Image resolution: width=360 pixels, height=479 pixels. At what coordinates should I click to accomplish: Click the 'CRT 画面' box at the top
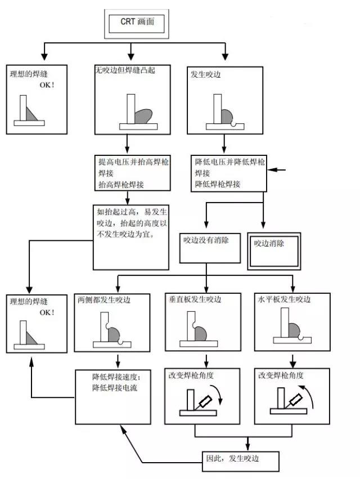tap(137, 24)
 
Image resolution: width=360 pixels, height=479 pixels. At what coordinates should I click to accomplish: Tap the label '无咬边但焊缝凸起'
tap(125, 70)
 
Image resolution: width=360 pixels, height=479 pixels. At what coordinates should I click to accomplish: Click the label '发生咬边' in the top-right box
tap(205, 74)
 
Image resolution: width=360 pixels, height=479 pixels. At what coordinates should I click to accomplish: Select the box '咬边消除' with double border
tap(274, 251)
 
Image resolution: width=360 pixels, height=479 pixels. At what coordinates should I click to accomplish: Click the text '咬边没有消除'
tap(206, 240)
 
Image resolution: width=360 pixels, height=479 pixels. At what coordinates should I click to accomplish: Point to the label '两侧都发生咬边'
tap(104, 299)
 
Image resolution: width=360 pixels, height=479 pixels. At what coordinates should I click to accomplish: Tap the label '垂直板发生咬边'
tap(195, 299)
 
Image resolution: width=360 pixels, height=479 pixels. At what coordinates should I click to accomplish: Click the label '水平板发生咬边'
tap(284, 299)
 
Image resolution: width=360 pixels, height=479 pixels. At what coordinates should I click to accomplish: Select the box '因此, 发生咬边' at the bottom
tap(241, 462)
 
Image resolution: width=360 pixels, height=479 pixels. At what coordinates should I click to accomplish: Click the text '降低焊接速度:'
tap(116, 377)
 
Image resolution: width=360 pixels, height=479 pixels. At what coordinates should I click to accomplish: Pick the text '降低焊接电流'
tap(115, 388)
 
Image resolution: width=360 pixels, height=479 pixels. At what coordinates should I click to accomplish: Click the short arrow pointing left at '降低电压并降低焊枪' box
tap(277, 169)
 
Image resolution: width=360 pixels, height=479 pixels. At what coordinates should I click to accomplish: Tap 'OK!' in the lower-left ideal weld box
tap(47, 312)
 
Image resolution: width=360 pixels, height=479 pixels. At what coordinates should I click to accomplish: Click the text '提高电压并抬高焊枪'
tap(133, 162)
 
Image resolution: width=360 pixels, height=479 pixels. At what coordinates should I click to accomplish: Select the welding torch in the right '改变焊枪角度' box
tap(294, 401)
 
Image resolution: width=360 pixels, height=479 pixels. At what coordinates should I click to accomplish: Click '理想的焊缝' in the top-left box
tap(29, 74)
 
